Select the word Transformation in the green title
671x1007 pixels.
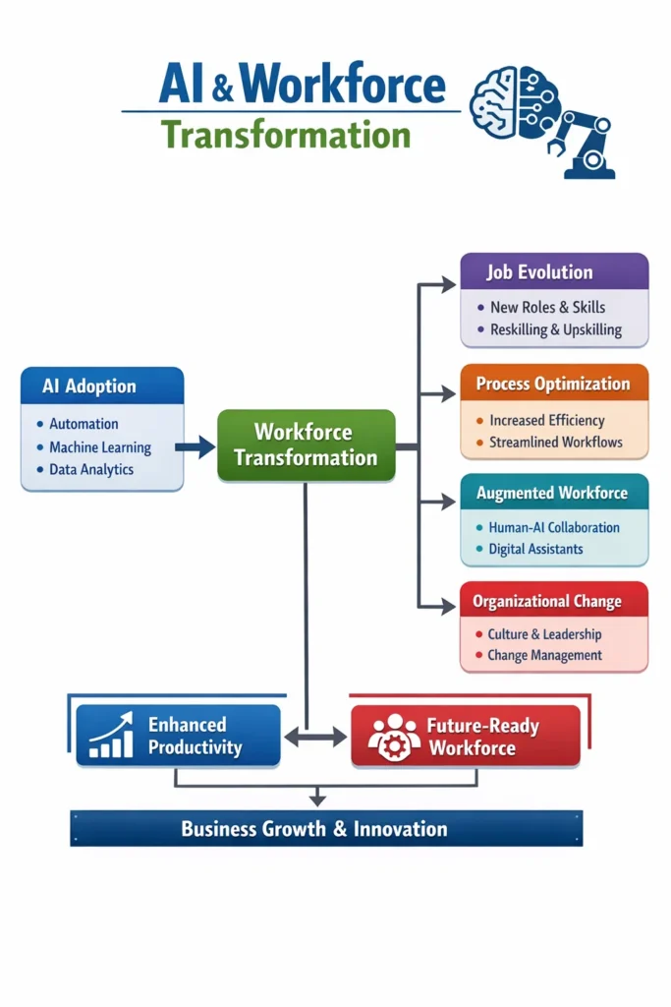click(x=285, y=134)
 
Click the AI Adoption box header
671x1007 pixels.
click(x=102, y=386)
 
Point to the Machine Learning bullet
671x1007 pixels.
click(x=100, y=447)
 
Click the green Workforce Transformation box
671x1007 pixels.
click(x=306, y=445)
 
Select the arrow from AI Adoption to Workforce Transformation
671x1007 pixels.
click(x=196, y=447)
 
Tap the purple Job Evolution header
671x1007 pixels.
click(x=554, y=272)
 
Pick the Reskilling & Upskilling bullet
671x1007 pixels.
click(x=555, y=330)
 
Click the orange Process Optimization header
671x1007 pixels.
click(x=554, y=384)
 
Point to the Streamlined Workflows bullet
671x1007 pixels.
click(x=555, y=443)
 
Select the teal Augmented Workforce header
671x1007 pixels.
click(x=554, y=493)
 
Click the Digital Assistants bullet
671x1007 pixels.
click(x=535, y=550)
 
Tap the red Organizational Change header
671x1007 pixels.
click(x=554, y=601)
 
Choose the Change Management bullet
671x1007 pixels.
click(x=544, y=656)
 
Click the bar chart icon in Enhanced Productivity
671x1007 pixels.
click(x=111, y=739)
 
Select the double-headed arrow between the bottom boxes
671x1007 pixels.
click(x=315, y=737)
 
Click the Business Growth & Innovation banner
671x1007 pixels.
click(x=326, y=829)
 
